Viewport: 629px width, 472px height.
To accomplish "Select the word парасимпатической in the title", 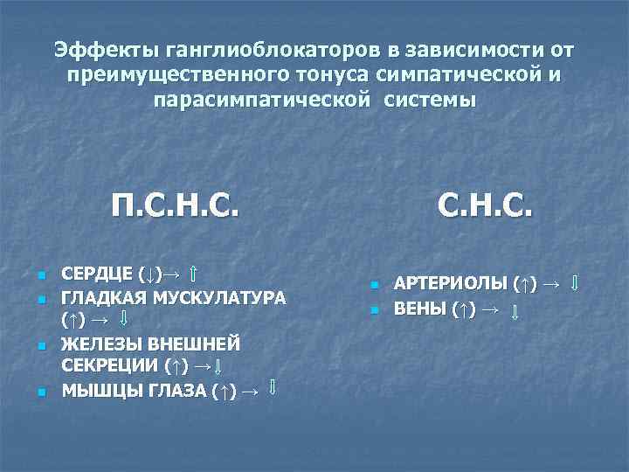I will click(254, 100).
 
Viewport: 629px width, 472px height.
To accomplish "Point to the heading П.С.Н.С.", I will click(175, 208).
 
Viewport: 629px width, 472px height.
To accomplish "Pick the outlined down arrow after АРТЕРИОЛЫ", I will click(574, 283).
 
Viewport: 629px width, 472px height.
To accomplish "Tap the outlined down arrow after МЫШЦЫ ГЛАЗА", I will click(273, 387).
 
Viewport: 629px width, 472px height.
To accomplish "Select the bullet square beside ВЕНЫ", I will click(373, 310).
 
